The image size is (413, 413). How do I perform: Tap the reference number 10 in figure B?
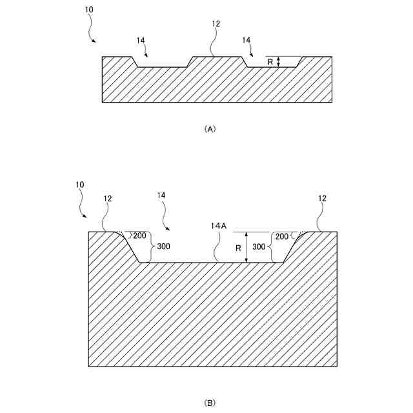[79, 185]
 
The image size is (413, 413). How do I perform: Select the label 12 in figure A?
[216, 24]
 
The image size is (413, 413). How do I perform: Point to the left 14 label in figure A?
[141, 40]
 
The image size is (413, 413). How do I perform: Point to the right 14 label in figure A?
[246, 40]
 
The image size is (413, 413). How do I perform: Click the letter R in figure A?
[270, 62]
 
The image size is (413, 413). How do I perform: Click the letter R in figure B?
[237, 247]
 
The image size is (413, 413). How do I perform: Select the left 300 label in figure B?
[163, 247]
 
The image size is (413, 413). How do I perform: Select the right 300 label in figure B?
[259, 247]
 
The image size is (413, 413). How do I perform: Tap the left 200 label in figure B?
[140, 236]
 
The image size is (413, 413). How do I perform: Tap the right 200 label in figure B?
[282, 236]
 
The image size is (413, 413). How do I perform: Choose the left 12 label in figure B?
[108, 199]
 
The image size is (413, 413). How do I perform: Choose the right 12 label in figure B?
[322, 199]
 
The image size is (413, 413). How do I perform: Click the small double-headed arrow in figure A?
[278, 62]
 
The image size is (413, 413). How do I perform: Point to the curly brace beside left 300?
[152, 247]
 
